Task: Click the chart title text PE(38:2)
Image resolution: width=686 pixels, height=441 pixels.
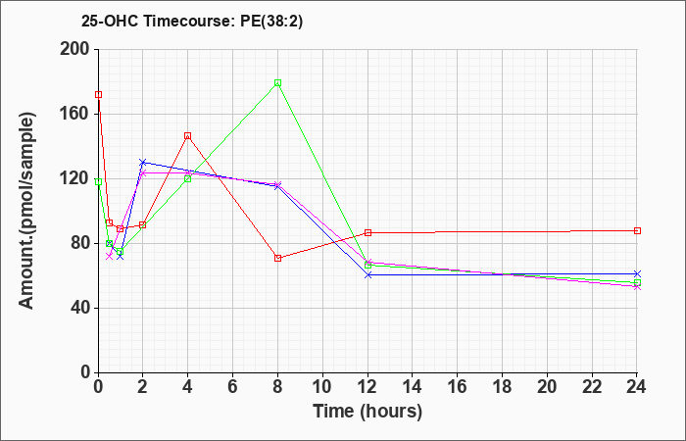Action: coord(271,22)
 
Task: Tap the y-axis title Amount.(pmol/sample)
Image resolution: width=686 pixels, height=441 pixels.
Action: coord(27,211)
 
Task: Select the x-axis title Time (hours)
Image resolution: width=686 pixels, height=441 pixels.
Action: coord(367,412)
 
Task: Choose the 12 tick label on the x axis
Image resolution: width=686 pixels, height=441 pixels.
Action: coord(367,387)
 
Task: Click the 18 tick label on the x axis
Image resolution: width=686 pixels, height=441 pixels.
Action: coord(502,387)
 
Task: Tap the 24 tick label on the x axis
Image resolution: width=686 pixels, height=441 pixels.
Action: coord(637,387)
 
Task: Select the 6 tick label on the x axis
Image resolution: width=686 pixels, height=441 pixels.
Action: coord(233,387)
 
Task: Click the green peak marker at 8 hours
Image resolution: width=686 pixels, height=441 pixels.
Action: coord(277,82)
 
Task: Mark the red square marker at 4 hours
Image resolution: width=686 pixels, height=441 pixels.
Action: coord(188,136)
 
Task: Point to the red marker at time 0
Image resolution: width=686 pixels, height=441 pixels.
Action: coord(98,94)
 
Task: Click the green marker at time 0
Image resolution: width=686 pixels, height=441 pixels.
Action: coord(98,181)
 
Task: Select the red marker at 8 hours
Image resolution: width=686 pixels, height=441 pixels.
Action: coord(277,258)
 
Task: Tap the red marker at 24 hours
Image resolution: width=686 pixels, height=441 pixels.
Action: coord(637,230)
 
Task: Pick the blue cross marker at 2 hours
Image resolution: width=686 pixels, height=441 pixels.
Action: coord(143,163)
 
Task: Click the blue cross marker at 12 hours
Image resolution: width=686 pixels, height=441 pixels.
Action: coord(367,274)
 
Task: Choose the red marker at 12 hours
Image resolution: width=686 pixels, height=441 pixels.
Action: coord(367,233)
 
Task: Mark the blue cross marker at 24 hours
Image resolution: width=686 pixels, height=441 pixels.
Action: coord(637,273)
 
